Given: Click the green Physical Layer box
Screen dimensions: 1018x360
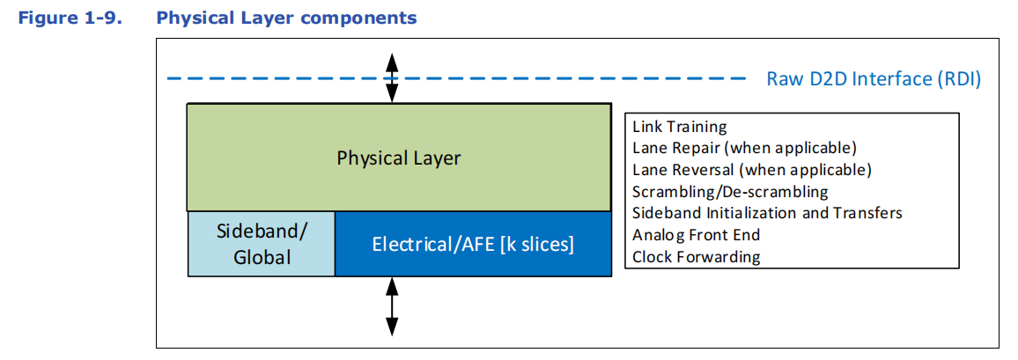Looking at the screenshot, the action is point(399,158).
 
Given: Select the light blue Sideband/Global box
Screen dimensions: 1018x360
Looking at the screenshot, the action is point(262,244).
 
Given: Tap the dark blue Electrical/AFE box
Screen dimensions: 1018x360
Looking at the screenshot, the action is point(473,244).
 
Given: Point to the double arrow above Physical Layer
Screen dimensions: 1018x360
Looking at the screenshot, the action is point(391,77).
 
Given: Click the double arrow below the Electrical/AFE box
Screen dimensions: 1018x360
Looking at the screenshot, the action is point(392,306).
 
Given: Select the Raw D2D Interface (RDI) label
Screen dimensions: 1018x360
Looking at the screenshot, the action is point(874,79).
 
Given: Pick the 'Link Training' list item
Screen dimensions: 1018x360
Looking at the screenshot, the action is point(679,127).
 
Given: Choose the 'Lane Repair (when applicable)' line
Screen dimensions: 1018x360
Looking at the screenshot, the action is point(745,148).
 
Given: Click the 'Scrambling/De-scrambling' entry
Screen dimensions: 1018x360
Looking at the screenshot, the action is point(730,191).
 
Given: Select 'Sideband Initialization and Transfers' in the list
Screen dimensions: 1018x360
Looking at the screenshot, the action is point(767,213).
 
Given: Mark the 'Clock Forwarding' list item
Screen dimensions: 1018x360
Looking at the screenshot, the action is point(696,256).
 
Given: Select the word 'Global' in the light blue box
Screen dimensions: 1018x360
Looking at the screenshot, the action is point(262,257).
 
